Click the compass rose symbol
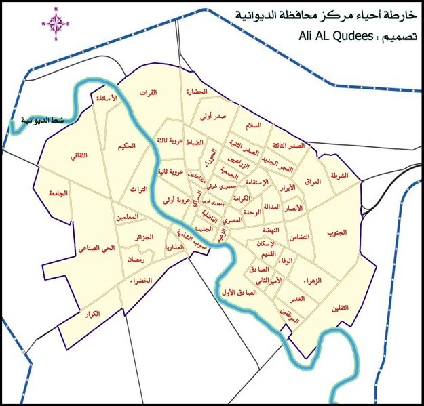[57, 24]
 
